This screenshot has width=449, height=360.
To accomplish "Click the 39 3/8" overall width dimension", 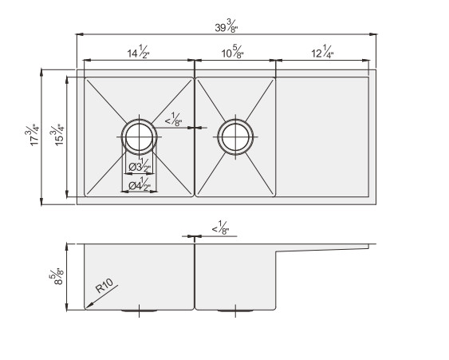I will (x=226, y=27).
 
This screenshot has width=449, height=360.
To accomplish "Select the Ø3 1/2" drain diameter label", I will (x=140, y=166).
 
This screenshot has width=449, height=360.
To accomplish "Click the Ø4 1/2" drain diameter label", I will (x=140, y=186).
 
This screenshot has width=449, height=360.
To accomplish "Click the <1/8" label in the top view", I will (x=175, y=121).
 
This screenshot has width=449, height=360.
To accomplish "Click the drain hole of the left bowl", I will (x=140, y=136).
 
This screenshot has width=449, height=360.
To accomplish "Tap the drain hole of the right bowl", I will (x=236, y=136).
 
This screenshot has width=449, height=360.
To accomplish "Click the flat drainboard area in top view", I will (x=323, y=136).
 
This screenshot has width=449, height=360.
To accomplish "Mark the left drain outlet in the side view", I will (x=140, y=309).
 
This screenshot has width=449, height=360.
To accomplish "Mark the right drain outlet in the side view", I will (x=236, y=309).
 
